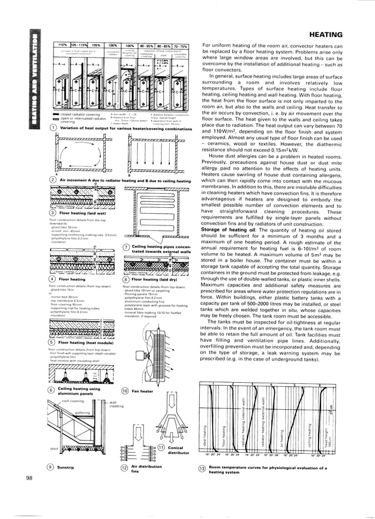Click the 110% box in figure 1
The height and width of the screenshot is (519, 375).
[61, 46]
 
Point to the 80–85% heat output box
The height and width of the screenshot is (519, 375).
[157, 46]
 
